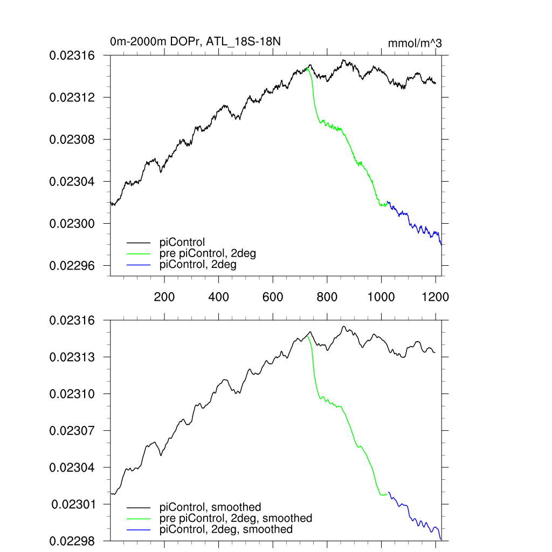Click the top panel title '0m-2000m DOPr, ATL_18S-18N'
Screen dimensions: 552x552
[195, 42]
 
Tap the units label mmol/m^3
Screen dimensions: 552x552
[415, 44]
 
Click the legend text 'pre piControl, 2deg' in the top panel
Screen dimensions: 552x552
[208, 254]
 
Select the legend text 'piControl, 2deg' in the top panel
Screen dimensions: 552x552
[198, 265]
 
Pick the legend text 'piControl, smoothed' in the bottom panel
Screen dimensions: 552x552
[210, 507]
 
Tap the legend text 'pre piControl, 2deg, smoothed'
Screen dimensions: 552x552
[236, 518]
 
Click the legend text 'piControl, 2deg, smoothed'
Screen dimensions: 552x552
[226, 529]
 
